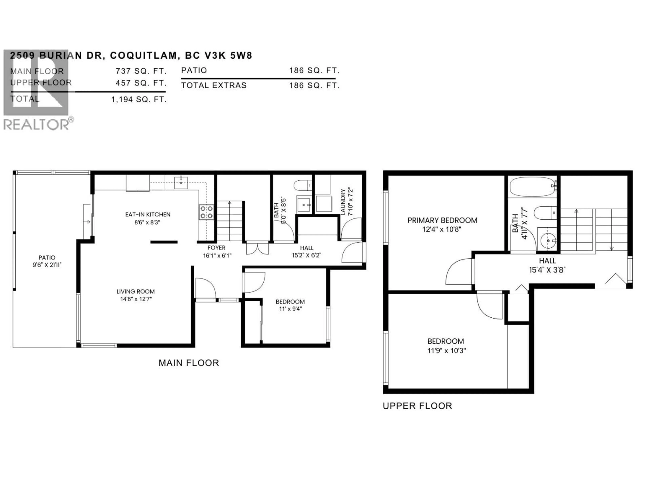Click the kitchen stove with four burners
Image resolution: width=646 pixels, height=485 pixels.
[206, 212]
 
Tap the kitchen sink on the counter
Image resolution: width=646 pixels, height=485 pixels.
[181, 182]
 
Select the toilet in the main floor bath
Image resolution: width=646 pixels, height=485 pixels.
[303, 185]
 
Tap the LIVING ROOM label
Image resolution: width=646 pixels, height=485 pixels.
[135, 292]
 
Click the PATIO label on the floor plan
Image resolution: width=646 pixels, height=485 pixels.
[47, 257]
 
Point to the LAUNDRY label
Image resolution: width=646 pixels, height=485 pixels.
[343, 202]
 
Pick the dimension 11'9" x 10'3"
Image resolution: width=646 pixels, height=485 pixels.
[446, 350]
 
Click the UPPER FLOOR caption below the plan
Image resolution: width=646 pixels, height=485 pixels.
[417, 406]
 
